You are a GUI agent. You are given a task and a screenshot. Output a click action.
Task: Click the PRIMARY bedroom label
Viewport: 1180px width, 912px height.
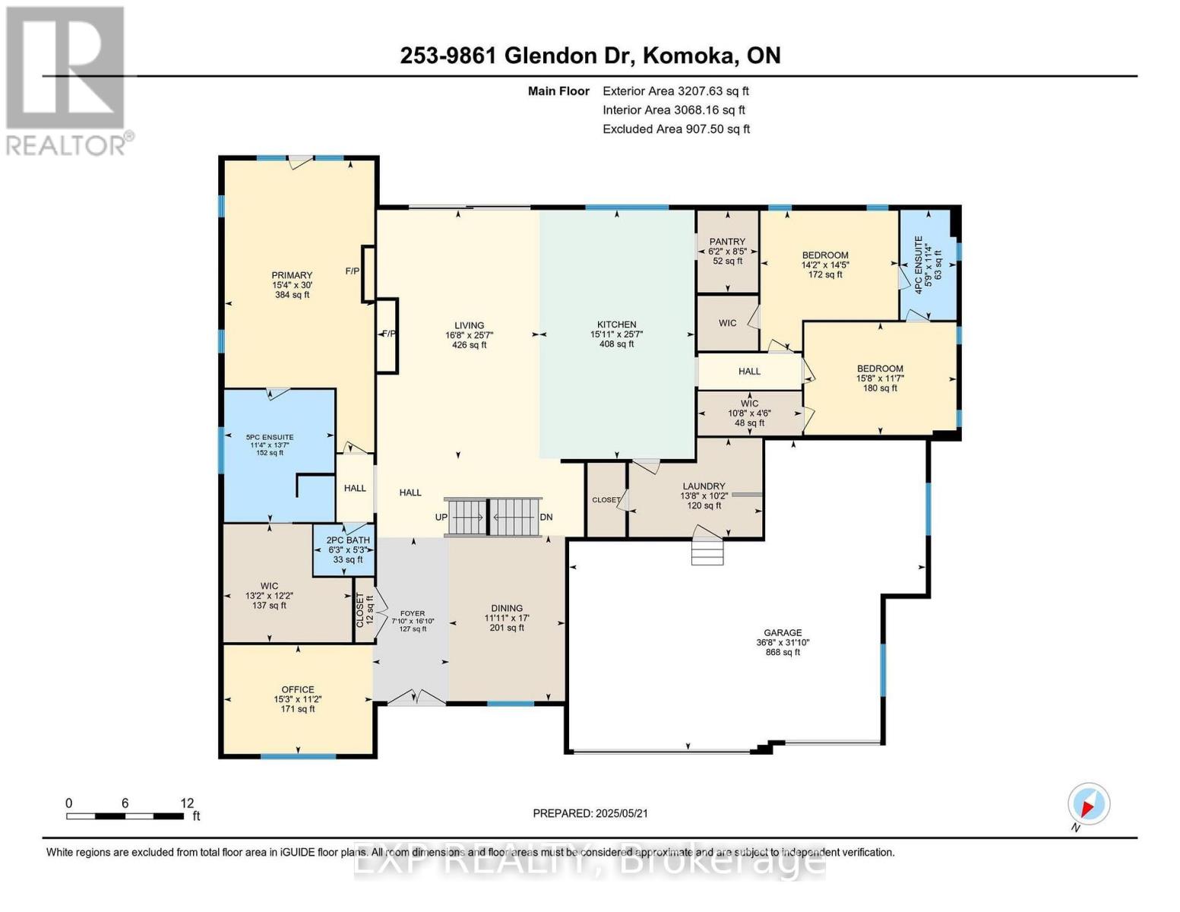point(293,275)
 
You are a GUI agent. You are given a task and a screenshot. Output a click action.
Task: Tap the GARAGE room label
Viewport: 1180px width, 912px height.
point(783,632)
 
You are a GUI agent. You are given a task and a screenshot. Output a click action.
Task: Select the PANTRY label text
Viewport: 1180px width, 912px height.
point(727,242)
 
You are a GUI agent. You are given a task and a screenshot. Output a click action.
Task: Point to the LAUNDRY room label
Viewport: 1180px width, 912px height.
point(704,486)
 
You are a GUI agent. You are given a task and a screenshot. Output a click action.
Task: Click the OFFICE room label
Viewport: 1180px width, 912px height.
point(298,690)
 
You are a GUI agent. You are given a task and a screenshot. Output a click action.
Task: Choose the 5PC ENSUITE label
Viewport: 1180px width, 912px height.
point(269,437)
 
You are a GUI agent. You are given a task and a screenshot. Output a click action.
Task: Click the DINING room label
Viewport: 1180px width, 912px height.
point(507,608)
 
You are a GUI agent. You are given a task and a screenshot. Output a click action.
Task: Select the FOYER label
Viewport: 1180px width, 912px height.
point(413,613)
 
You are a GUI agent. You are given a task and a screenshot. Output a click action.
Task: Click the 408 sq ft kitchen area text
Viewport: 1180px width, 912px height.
point(616,344)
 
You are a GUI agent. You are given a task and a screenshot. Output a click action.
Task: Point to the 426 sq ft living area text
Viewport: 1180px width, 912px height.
point(469,345)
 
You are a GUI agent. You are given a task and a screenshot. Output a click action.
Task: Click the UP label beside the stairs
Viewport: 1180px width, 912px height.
point(441,518)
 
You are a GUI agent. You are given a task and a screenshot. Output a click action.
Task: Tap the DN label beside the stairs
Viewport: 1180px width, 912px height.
point(546,518)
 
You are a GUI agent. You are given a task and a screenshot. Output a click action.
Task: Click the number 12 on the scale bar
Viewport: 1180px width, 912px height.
point(187,803)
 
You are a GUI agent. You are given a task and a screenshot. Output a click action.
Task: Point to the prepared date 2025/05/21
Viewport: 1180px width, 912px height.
point(590,813)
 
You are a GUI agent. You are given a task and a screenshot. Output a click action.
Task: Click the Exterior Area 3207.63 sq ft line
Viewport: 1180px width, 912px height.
point(675,91)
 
